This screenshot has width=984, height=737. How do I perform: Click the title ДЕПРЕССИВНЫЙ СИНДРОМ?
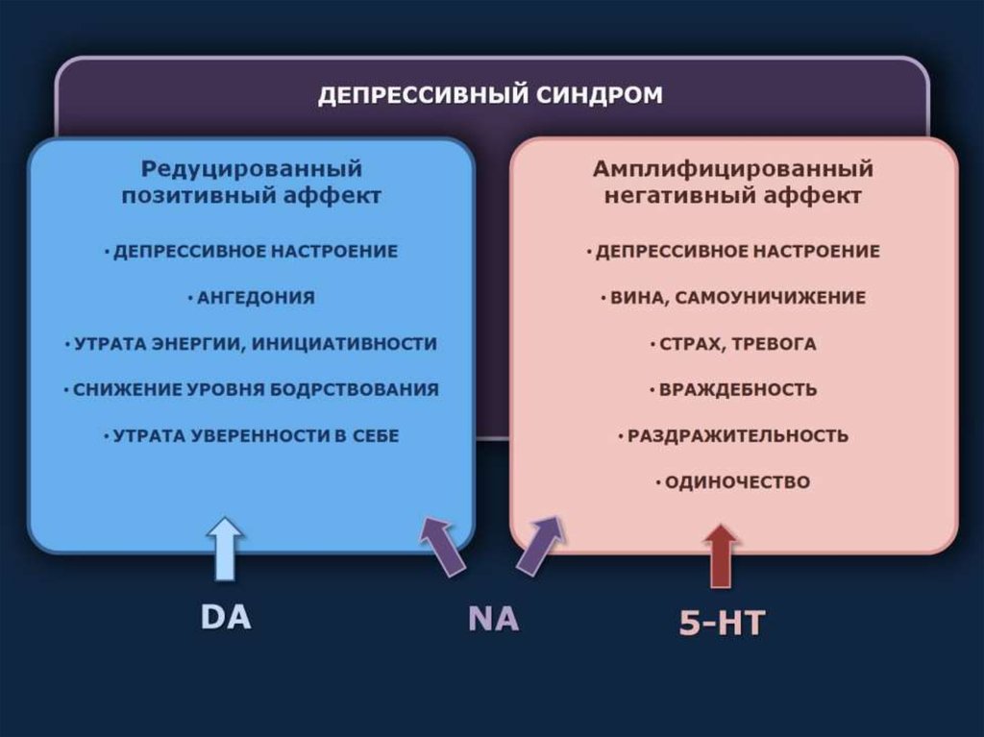pyautogui.click(x=490, y=96)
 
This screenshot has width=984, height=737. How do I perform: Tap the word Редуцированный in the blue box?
pyautogui.click(x=252, y=170)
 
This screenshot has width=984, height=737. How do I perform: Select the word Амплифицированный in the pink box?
pyautogui.click(x=732, y=170)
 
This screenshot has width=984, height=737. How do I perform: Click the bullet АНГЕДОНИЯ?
pyautogui.click(x=252, y=298)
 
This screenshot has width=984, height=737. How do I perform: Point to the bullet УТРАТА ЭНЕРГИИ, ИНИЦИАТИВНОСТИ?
pyautogui.click(x=252, y=344)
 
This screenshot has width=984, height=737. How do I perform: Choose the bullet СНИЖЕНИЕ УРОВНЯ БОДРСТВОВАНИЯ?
pyautogui.click(x=252, y=390)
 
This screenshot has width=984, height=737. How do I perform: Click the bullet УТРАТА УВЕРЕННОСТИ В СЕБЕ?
pyautogui.click(x=252, y=436)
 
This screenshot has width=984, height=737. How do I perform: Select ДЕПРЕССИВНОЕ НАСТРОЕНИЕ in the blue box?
pyautogui.click(x=252, y=252)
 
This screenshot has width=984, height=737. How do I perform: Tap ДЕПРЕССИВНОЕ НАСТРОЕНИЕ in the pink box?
pyautogui.click(x=732, y=252)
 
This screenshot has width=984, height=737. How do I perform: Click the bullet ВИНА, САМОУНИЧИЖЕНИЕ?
pyautogui.click(x=732, y=298)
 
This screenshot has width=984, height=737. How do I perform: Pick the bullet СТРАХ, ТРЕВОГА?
pyautogui.click(x=732, y=344)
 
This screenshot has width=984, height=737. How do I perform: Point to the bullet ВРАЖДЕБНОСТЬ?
pyautogui.click(x=732, y=390)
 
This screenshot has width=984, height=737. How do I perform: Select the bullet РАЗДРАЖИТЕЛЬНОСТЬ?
pyautogui.click(x=732, y=436)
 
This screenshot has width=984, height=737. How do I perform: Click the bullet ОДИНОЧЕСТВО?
pyautogui.click(x=732, y=482)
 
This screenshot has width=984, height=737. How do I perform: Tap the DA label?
pyautogui.click(x=226, y=616)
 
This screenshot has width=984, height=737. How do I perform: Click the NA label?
pyautogui.click(x=493, y=619)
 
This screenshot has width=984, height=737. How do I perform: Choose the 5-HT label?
pyautogui.click(x=721, y=623)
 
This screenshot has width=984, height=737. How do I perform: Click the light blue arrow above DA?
pyautogui.click(x=225, y=549)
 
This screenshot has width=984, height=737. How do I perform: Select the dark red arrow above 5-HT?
pyautogui.click(x=721, y=555)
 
